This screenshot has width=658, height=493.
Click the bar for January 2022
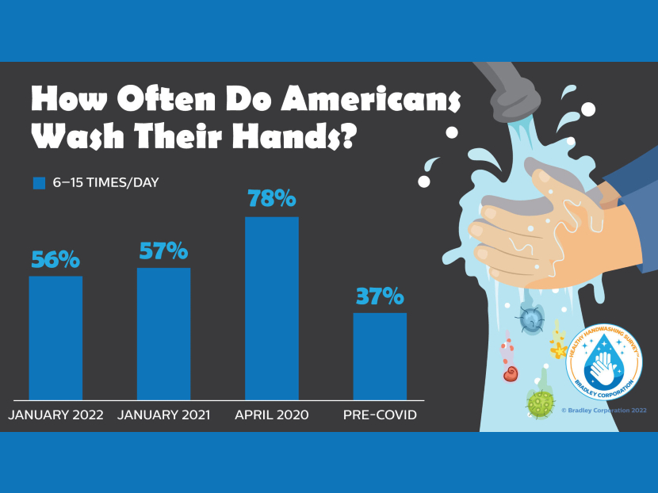55,338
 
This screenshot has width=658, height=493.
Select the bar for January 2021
163,334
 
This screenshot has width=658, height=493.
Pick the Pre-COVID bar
379,356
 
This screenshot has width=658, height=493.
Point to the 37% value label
379,296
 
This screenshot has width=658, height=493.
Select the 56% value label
55,259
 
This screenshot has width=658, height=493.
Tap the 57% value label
163,251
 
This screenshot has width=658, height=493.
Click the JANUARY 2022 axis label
55,415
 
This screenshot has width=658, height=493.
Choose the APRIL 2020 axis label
272,415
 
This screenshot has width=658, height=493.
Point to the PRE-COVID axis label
380,415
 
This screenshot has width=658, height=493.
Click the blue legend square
39,183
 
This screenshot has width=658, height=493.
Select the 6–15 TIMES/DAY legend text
106,183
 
